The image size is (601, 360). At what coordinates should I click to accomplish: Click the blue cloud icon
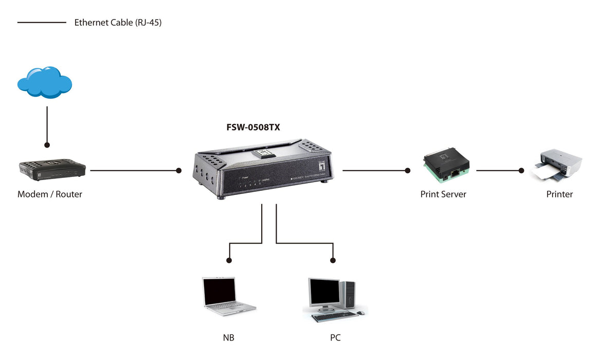pyautogui.click(x=45, y=82)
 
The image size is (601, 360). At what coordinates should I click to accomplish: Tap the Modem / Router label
pyautogui.click(x=50, y=194)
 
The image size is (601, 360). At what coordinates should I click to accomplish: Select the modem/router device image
pyautogui.click(x=52, y=169)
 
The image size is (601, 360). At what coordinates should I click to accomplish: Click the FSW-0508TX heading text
pyautogui.click(x=253, y=127)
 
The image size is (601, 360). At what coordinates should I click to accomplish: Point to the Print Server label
pyautogui.click(x=443, y=194)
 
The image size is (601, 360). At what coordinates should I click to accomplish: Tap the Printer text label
pyautogui.click(x=559, y=194)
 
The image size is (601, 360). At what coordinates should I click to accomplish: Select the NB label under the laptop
pyautogui.click(x=229, y=338)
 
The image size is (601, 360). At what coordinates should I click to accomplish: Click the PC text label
pyautogui.click(x=335, y=338)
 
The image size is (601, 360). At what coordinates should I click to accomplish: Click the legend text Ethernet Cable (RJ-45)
pyautogui.click(x=118, y=23)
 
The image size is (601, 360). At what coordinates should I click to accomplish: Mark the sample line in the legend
pyautogui.click(x=42, y=23)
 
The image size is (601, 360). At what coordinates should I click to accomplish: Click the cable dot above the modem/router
pyautogui.click(x=47, y=146)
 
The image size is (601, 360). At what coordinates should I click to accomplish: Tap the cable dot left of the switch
pyautogui.click(x=179, y=170)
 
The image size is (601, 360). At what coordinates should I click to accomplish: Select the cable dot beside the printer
pyautogui.click(x=521, y=170)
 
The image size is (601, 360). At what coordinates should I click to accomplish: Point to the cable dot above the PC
pyautogui.click(x=333, y=260)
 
